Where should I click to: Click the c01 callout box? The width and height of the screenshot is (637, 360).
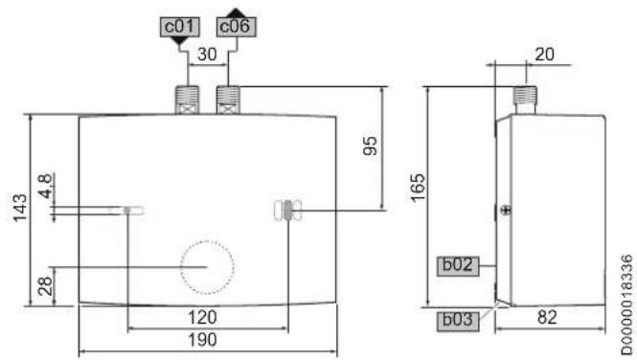point(179,27)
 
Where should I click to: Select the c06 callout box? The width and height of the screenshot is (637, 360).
point(236,27)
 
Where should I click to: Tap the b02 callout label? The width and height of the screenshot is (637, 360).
point(458,266)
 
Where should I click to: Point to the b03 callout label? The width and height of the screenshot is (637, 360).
point(458,321)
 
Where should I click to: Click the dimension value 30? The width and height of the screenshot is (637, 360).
point(207,55)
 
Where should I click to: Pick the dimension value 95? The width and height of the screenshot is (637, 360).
point(370,146)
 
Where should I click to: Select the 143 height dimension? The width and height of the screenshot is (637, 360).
point(20,208)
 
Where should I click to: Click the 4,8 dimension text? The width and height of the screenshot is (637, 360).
point(46,186)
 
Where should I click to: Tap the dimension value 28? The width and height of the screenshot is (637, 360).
point(46,285)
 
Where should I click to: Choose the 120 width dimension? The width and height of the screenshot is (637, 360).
point(202,317)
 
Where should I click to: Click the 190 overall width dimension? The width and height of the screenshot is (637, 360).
point(202,339)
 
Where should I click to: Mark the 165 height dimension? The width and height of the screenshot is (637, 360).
point(418,188)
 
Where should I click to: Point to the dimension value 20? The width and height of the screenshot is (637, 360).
point(544,55)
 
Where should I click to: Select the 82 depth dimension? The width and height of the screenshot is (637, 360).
point(547,317)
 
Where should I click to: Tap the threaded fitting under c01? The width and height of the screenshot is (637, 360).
point(187,100)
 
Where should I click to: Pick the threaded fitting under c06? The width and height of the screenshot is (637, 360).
point(228,100)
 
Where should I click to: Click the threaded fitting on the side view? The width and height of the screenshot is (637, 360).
point(525,100)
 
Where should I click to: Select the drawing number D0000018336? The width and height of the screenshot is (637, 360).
point(627,304)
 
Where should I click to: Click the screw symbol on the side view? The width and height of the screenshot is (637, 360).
point(506,210)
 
